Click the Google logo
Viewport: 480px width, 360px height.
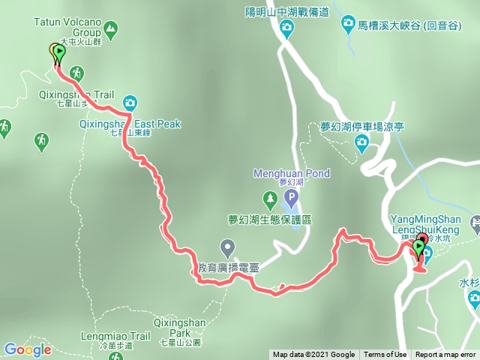28,349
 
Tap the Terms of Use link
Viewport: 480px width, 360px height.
385,355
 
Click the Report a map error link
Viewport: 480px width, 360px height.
445,355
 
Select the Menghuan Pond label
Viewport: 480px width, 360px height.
292,173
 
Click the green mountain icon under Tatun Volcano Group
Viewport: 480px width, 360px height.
112,30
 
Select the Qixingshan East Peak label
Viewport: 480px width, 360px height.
130,124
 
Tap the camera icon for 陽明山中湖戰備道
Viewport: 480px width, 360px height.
286,29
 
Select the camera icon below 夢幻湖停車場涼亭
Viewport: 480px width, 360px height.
362,142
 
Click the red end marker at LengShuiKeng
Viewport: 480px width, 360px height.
418,246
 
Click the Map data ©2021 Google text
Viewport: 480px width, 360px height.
313,355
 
